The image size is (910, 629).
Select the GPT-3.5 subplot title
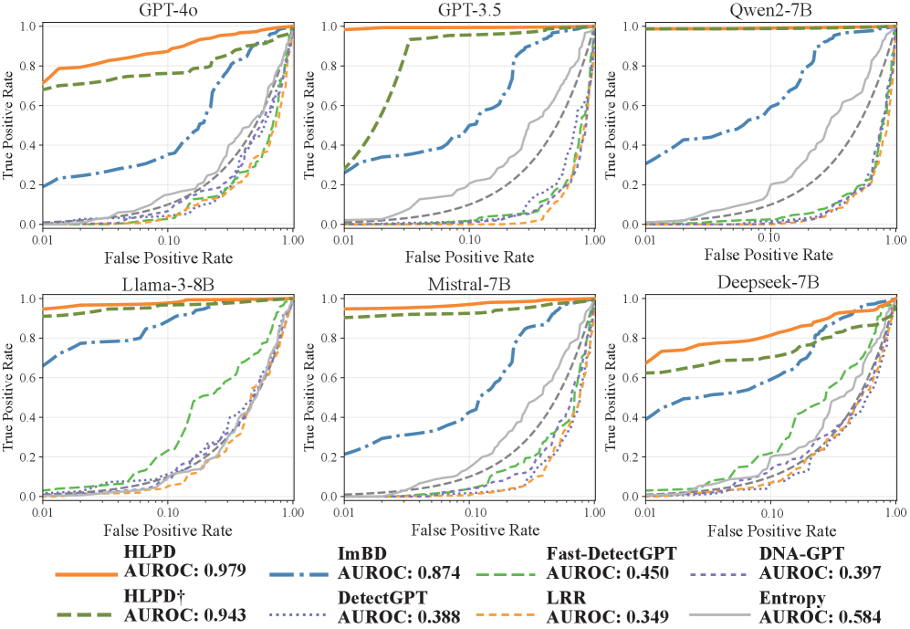(469, 10)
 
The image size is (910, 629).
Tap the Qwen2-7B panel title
(770, 10)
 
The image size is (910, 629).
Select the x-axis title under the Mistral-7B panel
(469, 529)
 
